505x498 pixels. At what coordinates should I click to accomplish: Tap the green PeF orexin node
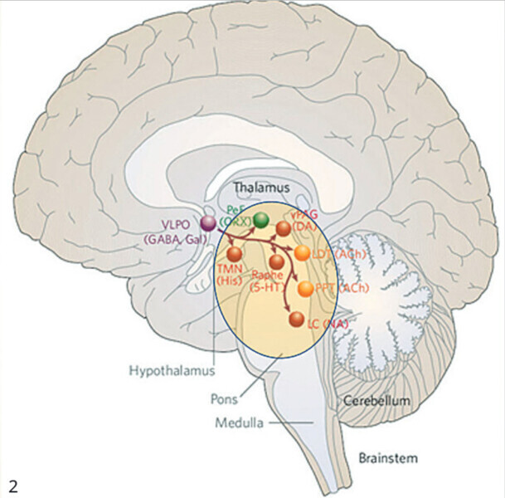pos(260,220)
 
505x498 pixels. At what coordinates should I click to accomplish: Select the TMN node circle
pos(235,253)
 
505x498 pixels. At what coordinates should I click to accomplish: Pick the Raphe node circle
pos(277,262)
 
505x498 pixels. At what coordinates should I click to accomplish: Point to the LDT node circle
pos(302,252)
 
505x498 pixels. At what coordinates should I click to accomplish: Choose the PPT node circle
pos(306,289)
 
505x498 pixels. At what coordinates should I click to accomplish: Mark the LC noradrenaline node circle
pos(294,319)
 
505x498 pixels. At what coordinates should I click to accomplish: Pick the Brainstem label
pos(388,457)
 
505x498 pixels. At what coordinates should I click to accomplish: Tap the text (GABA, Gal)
pos(175,239)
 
